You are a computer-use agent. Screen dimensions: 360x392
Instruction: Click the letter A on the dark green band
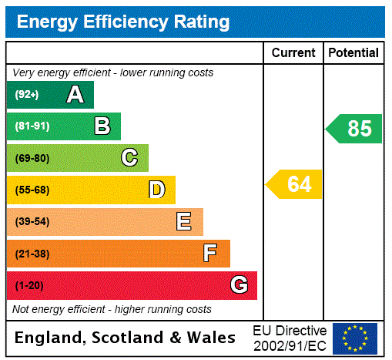pyautogui.click(x=75, y=95)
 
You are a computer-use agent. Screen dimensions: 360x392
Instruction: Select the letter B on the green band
pyautogui.click(x=102, y=126)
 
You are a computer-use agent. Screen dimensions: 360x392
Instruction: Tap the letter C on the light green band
pyautogui.click(x=129, y=158)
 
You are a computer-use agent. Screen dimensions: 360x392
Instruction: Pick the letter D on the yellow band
pyautogui.click(x=156, y=190)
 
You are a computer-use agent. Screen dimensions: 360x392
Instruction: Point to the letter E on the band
pyautogui.click(x=184, y=222)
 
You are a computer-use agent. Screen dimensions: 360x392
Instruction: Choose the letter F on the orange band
pyautogui.click(x=210, y=254)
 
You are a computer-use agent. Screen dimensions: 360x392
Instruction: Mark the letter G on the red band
pyautogui.click(x=239, y=285)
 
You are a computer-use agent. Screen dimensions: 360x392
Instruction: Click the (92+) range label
pyautogui.click(x=27, y=95)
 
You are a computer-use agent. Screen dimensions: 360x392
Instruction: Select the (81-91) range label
pyautogui.click(x=32, y=126)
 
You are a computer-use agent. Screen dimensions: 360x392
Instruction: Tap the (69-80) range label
pyautogui.click(x=32, y=159)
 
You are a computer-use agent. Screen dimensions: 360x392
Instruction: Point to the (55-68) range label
pyautogui.click(x=32, y=190)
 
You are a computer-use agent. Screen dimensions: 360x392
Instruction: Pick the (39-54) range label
pyautogui.click(x=32, y=222)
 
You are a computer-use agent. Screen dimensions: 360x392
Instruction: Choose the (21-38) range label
pyautogui.click(x=32, y=254)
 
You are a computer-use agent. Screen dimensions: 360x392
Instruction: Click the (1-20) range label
pyautogui.click(x=29, y=286)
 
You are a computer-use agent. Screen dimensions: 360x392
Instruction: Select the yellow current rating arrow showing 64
pyautogui.click(x=295, y=184)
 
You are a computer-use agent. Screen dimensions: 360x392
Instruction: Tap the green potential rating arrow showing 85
pyautogui.click(x=355, y=129)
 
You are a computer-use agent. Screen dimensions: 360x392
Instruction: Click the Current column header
pyautogui.click(x=293, y=53)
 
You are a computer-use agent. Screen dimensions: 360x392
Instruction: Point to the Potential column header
pyautogui.click(x=353, y=53)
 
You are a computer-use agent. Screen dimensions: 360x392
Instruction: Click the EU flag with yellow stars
pyautogui.click(x=355, y=338)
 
